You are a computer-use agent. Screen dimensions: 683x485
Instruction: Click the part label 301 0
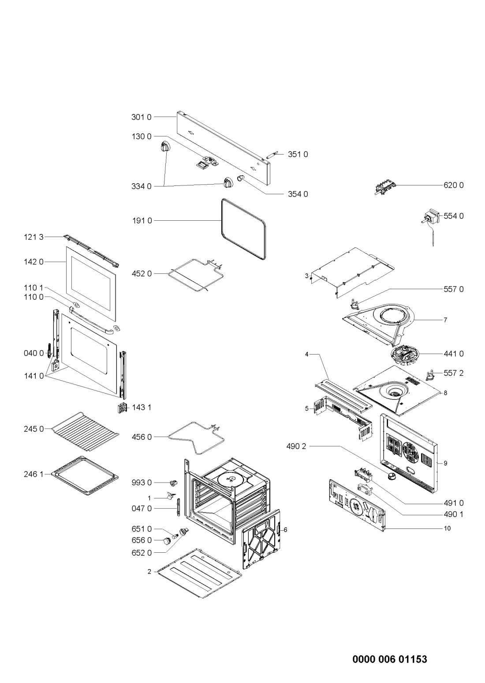click(x=141, y=117)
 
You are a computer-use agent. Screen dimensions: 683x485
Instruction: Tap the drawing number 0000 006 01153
click(x=389, y=660)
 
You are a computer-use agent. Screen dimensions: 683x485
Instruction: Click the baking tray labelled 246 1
click(x=85, y=475)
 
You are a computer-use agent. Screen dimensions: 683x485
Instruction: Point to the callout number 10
click(x=447, y=528)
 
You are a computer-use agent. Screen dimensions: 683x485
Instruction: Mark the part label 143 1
click(x=142, y=407)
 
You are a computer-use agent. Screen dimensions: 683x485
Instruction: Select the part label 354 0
click(x=298, y=194)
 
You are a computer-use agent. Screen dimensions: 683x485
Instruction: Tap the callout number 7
click(x=445, y=320)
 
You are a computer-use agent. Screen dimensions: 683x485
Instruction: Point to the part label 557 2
click(x=454, y=373)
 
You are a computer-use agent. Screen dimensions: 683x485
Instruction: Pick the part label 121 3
click(x=34, y=237)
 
